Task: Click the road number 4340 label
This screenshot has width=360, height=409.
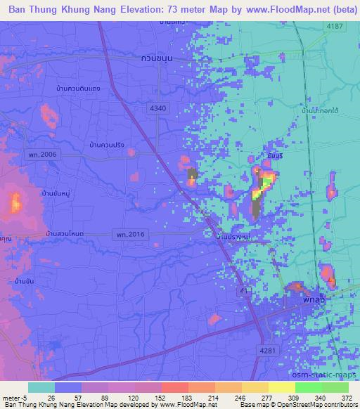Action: pyautogui.click(x=158, y=108)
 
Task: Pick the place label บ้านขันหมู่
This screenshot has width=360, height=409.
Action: pyautogui.click(x=56, y=192)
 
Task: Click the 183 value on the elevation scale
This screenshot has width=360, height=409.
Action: pyautogui.click(x=167, y=398)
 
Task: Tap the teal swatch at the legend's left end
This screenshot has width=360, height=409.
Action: pyautogui.click(x=41, y=387)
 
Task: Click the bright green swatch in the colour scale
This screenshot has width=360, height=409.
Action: pyautogui.click(x=309, y=387)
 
